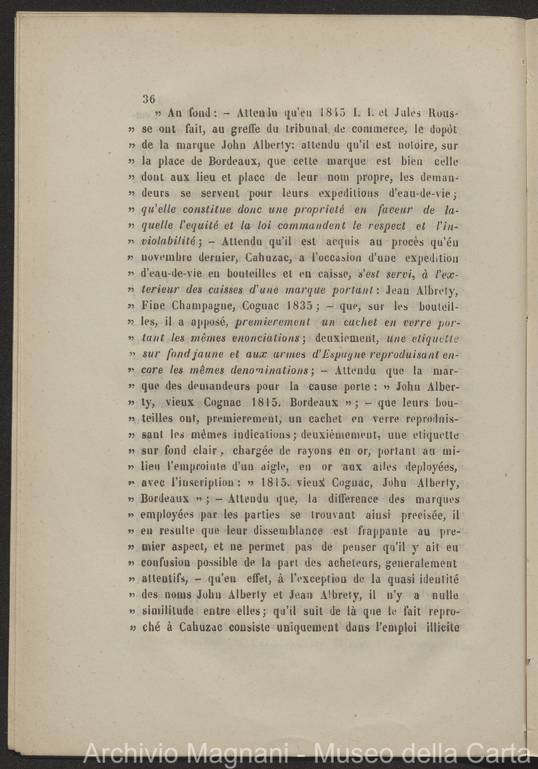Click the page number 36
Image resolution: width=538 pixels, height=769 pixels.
(x=149, y=99)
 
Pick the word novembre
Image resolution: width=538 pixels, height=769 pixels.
(x=168, y=258)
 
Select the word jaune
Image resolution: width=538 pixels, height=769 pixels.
(x=197, y=355)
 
